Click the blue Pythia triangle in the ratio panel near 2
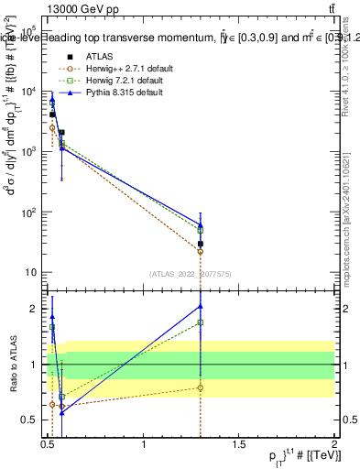click(201, 306)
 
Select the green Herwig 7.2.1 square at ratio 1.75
click(201, 322)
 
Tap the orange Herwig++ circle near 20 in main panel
click(201, 251)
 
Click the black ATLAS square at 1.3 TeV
click(201, 244)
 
